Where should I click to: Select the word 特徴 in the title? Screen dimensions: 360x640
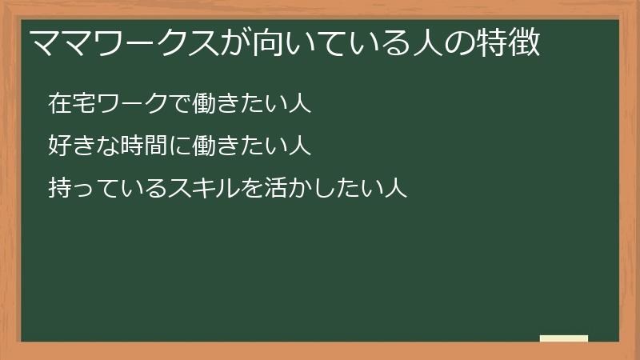point(513,42)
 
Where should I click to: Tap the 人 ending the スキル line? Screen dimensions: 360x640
point(397,188)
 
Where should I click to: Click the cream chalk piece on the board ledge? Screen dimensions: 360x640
point(563,338)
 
